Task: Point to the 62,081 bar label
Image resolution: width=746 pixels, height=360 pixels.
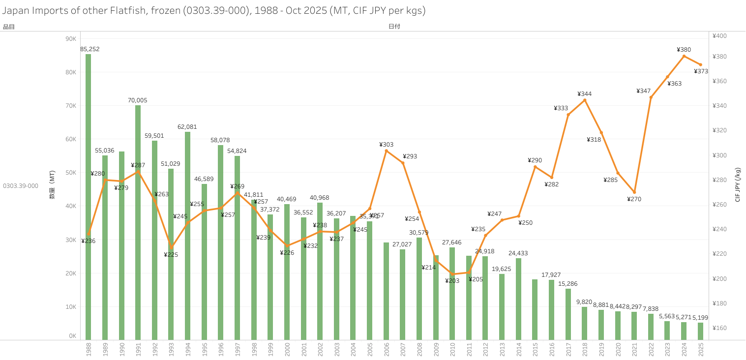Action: [187, 127]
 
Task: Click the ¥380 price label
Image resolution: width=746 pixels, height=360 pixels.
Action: [684, 50]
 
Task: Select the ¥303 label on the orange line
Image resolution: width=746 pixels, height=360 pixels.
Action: [386, 145]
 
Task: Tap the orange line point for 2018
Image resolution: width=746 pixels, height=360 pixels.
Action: [585, 100]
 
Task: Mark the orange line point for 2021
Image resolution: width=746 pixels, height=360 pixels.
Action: [634, 192]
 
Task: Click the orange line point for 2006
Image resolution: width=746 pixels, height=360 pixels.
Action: [386, 150]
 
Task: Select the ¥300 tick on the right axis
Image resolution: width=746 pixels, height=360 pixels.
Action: [719, 155]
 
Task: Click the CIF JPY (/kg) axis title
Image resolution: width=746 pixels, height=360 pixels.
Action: [738, 185]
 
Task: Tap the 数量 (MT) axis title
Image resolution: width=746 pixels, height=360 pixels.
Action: [52, 185]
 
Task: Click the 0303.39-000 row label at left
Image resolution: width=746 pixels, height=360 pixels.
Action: [21, 186]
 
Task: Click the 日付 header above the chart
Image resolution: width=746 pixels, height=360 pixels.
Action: [394, 27]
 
